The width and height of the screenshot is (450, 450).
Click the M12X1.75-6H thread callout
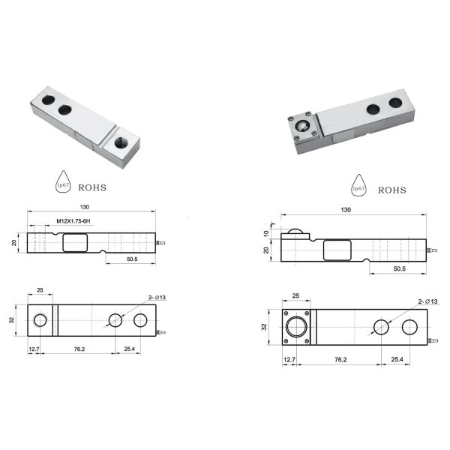pyautogui.click(x=73, y=221)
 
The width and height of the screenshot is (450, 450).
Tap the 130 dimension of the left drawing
pyautogui.click(x=85, y=207)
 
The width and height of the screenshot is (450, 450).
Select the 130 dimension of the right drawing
pyautogui.click(x=346, y=210)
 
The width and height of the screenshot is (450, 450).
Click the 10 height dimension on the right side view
pyautogui.click(x=266, y=233)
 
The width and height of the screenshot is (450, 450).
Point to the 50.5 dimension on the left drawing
pyautogui.click(x=132, y=259)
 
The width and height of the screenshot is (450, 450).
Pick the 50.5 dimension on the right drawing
pyautogui.click(x=400, y=268)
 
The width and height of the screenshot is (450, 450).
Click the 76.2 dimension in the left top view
pyautogui.click(x=79, y=349)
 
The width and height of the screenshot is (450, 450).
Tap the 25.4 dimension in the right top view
pyautogui.click(x=397, y=359)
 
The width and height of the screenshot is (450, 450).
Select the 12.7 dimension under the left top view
pyautogui.click(x=34, y=349)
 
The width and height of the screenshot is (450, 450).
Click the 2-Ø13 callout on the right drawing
pyautogui.click(x=427, y=301)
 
